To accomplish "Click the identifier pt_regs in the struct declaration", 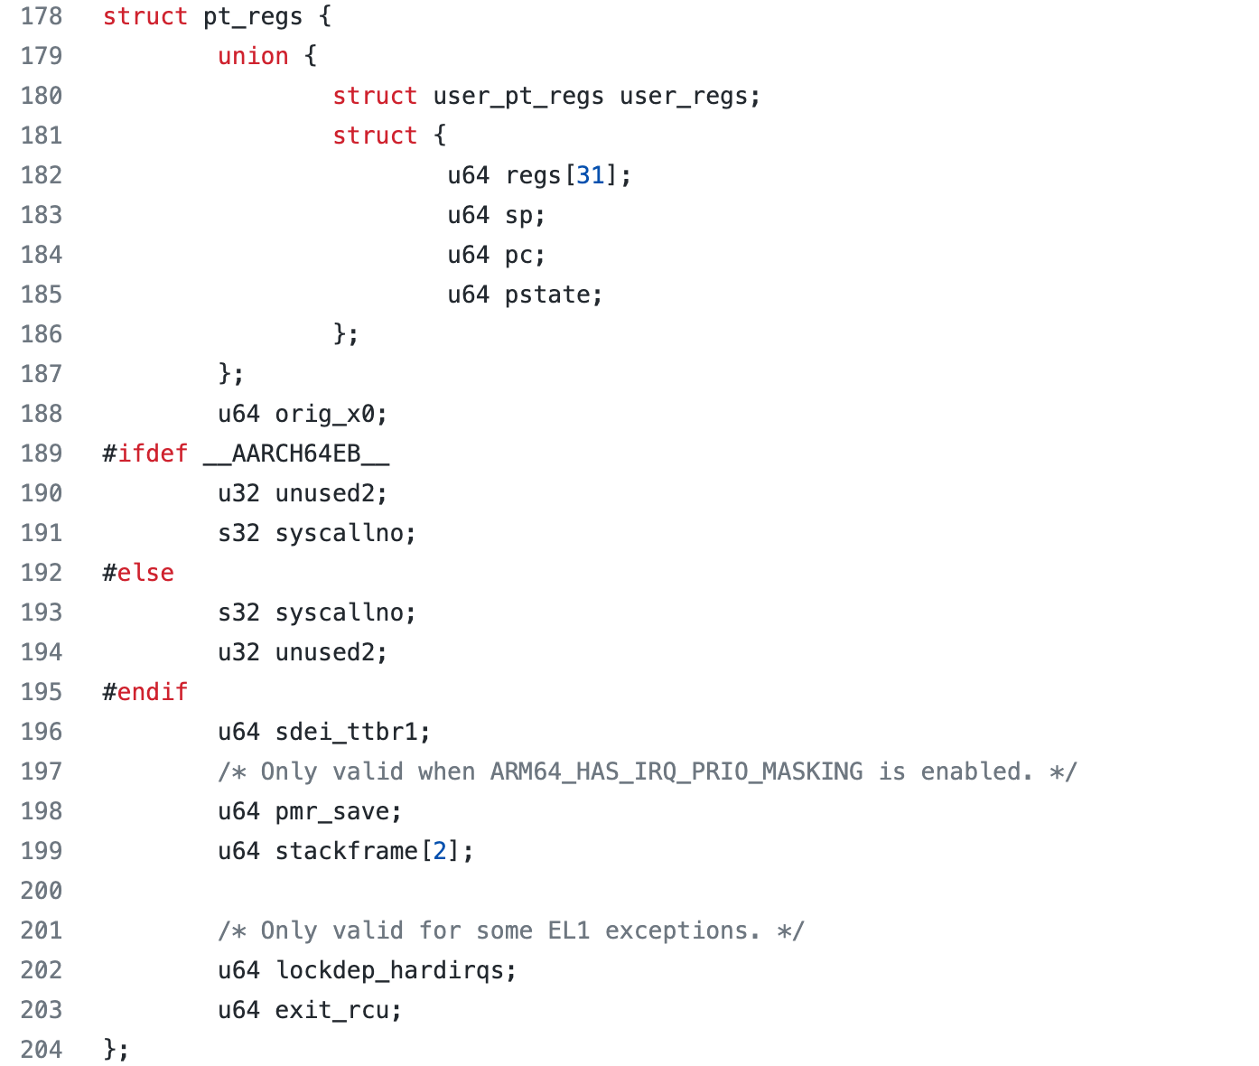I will pyautogui.click(x=253, y=17).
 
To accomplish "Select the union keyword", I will pyautogui.click(x=253, y=57).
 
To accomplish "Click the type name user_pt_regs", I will pyautogui.click(x=518, y=97).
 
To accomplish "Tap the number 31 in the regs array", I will pyautogui.click(x=591, y=176).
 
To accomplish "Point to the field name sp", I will pyautogui.click(x=519, y=216).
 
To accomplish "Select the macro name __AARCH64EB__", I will pyautogui.click(x=296, y=454).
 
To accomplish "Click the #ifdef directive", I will pyautogui.click(x=145, y=454).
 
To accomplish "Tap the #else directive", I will pyautogui.click(x=138, y=574).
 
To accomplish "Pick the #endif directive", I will pyautogui.click(x=145, y=693).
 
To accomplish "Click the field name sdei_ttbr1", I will pyautogui.click(x=348, y=733).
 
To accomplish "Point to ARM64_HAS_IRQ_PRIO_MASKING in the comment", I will pyautogui.click(x=676, y=772).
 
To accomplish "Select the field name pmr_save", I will pyautogui.click(x=333, y=812).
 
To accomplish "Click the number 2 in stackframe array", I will pyautogui.click(x=440, y=852).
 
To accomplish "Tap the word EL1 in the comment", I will pyautogui.click(x=569, y=931).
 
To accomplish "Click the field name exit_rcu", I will pyautogui.click(x=333, y=1011).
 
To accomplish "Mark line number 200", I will pyautogui.click(x=42, y=892).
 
